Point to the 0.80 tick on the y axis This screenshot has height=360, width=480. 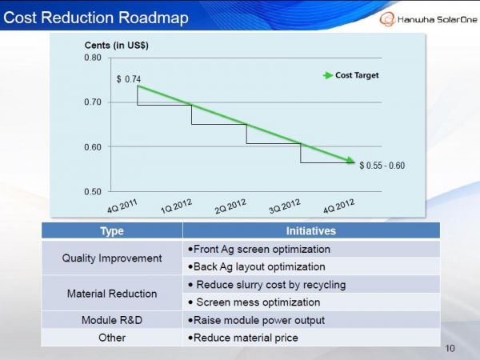[x=93, y=58]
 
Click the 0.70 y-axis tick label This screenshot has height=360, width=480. [x=93, y=102]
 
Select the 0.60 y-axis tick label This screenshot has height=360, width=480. [x=93, y=147]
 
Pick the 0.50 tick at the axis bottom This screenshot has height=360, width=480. [x=93, y=192]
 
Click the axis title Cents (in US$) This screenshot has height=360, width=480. [x=117, y=45]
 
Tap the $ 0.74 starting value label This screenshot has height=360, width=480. [x=129, y=79]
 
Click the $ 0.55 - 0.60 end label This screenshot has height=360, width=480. [x=382, y=166]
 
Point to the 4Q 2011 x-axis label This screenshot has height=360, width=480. [x=123, y=206]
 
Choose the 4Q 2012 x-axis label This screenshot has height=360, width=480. [x=338, y=206]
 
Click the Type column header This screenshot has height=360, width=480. [x=112, y=230]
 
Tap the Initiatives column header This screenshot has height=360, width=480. [x=310, y=230]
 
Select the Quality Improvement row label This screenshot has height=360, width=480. [x=112, y=258]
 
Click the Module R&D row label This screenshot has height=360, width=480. [x=112, y=320]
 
